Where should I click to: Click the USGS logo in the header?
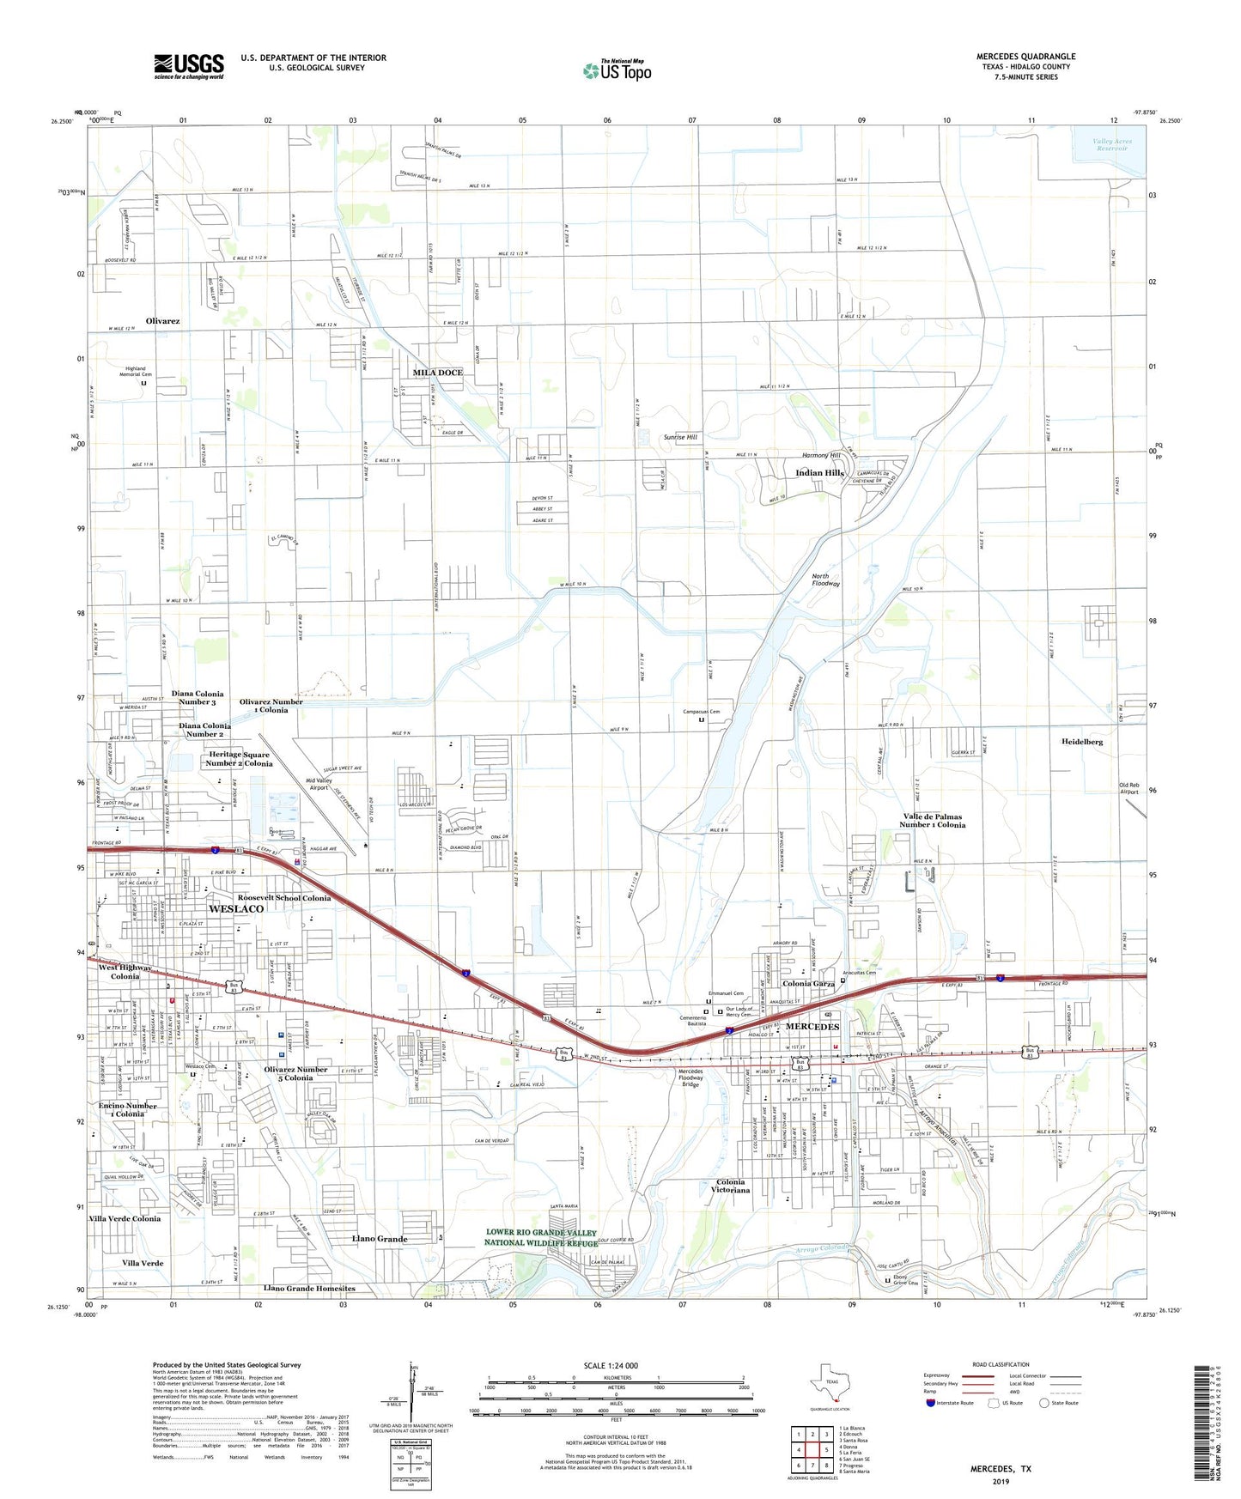[x=189, y=66]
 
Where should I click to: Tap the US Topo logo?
[x=617, y=70]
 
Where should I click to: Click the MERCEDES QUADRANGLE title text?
[x=1025, y=57]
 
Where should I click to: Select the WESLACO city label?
[x=236, y=908]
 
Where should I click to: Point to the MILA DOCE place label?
[x=437, y=373]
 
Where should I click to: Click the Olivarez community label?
[x=162, y=321]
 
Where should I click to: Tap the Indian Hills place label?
[x=819, y=473]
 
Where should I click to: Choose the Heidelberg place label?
[x=1081, y=741]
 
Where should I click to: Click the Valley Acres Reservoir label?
[x=1112, y=144]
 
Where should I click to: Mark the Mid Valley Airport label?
[x=319, y=784]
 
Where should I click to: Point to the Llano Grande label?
[x=380, y=1239]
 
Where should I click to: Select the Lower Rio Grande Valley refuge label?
[x=540, y=1237]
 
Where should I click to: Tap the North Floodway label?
[x=825, y=580]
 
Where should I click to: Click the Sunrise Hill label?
[x=680, y=437]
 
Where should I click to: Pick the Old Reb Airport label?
[x=1128, y=788]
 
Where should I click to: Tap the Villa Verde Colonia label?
[x=125, y=1218]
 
